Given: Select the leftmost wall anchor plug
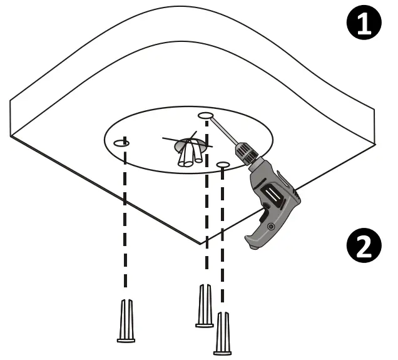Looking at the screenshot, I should coord(126,320).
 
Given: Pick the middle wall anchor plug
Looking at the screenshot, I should coord(205,306).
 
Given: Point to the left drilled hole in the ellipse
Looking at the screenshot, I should coord(121,143).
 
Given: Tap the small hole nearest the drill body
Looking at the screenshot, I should coord(223,164).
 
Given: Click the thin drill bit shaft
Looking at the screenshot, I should coord(222,131).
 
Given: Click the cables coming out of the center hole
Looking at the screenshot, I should coord(189,155).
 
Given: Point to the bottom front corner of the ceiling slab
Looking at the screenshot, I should coord(199,244).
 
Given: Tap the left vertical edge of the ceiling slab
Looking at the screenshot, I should coord(11,120).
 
